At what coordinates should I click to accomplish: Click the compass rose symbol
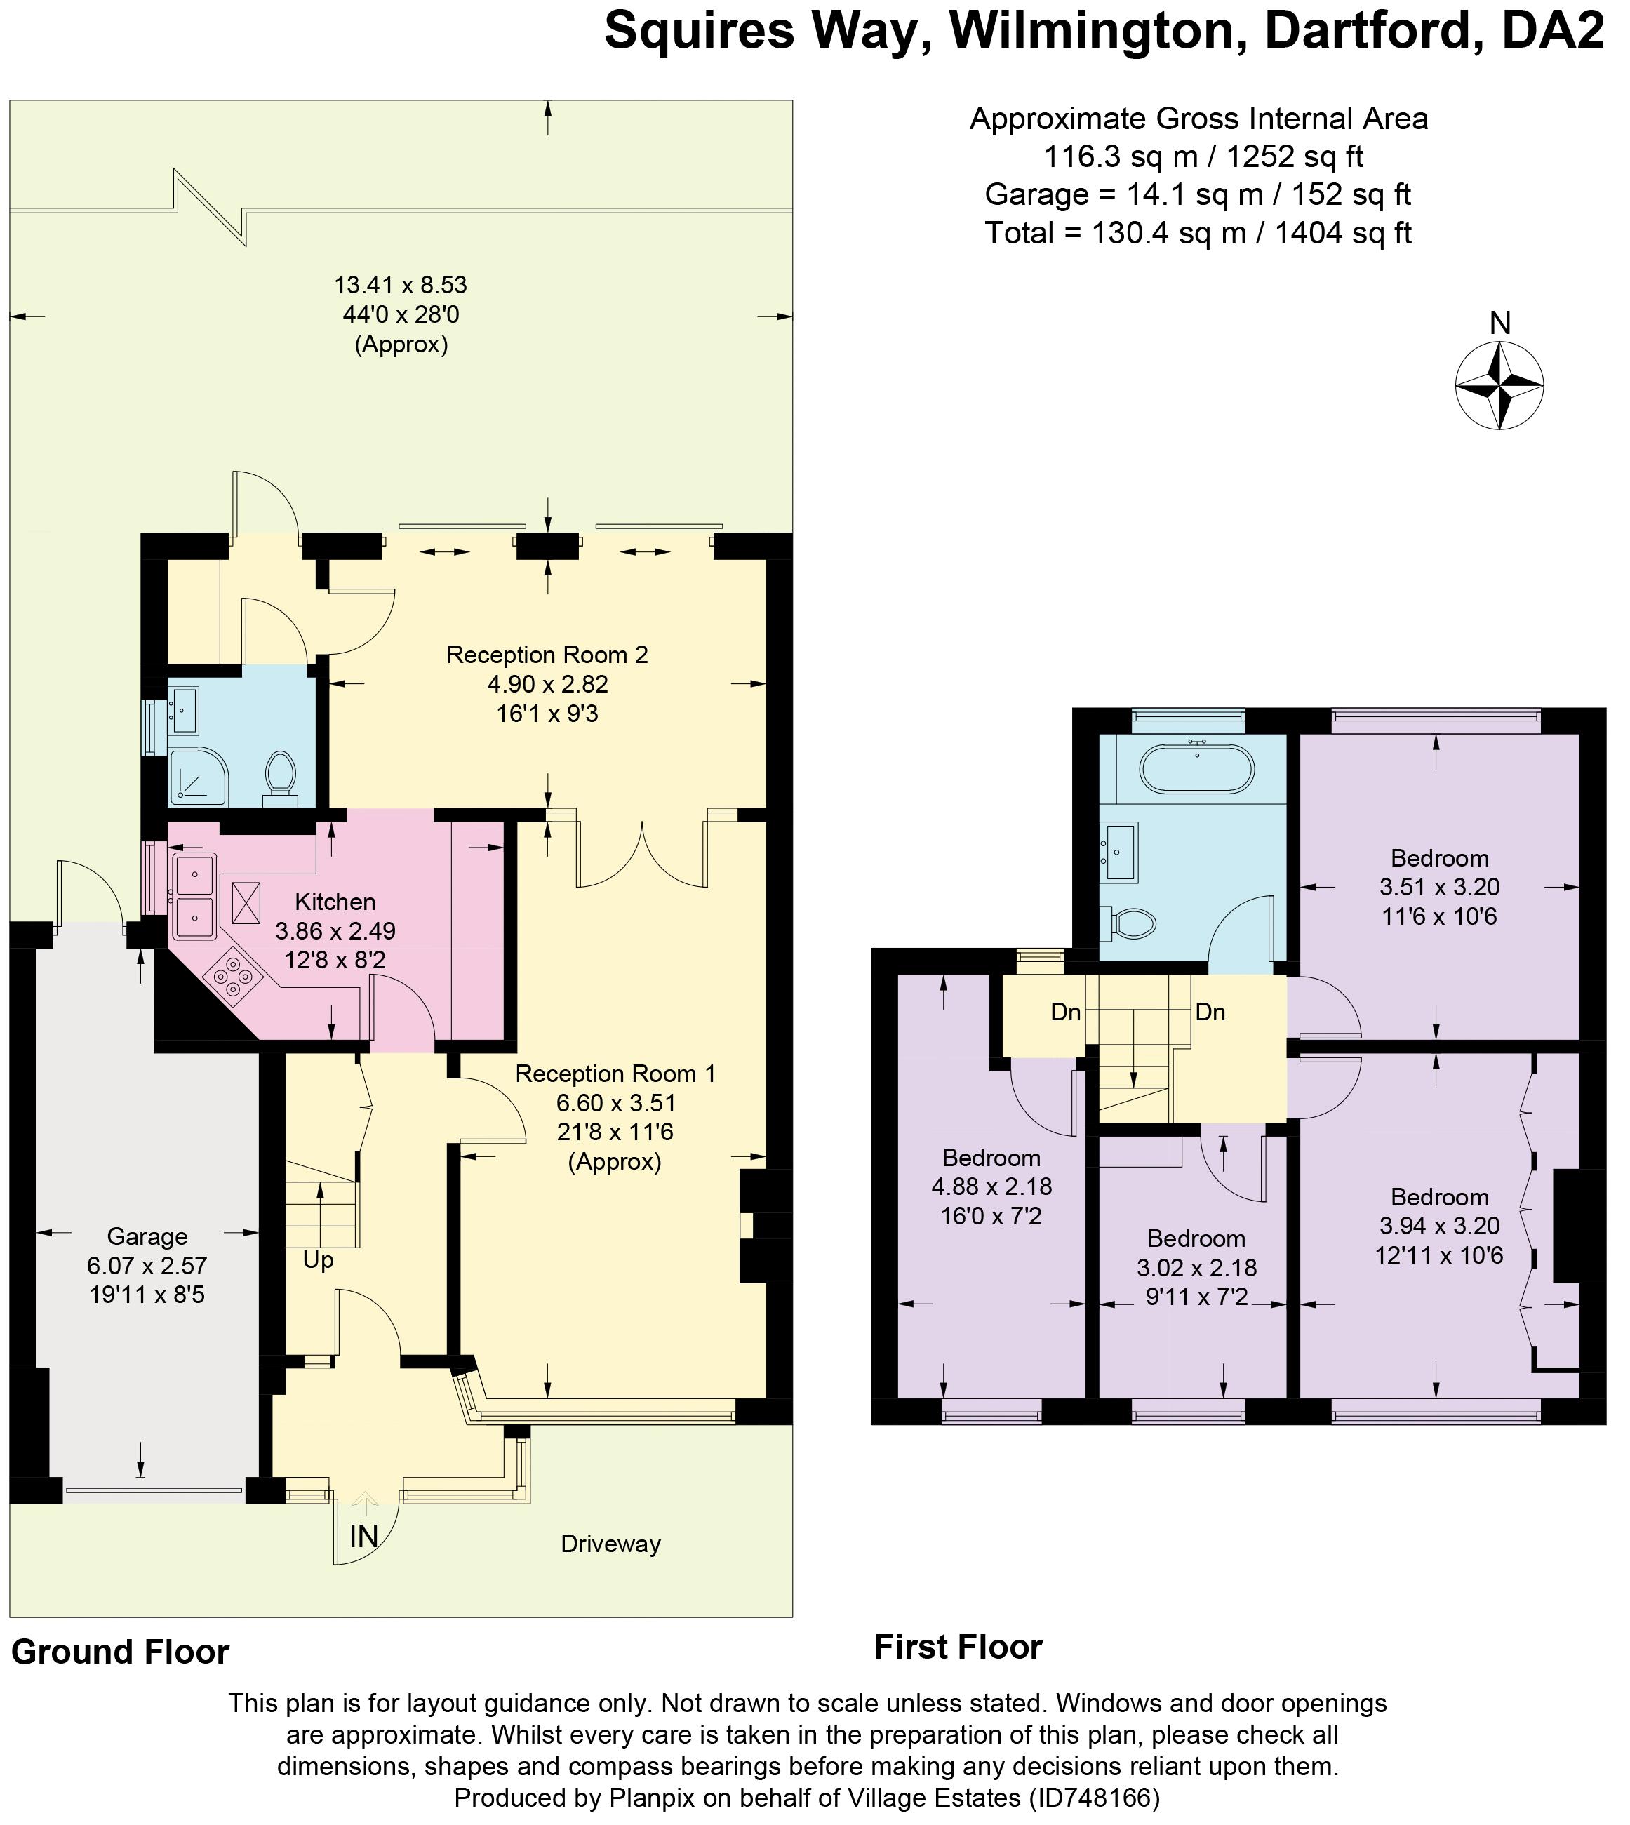click(1499, 387)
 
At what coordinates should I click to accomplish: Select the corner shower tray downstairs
click(199, 775)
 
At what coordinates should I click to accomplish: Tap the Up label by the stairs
click(318, 1262)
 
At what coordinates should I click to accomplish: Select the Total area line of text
click(1198, 233)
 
